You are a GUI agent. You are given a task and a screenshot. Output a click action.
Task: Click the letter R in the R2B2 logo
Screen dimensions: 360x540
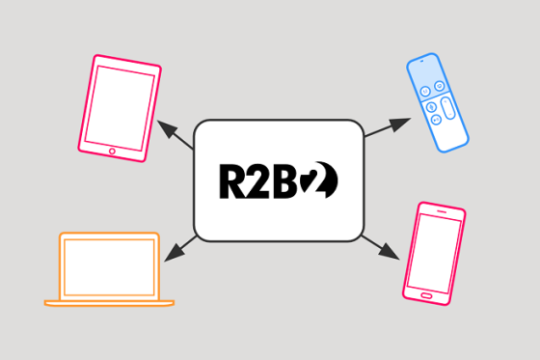230,180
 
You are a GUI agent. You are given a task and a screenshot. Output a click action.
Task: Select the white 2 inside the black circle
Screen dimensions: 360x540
323,180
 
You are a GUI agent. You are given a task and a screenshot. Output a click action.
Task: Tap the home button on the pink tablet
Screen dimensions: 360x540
112,151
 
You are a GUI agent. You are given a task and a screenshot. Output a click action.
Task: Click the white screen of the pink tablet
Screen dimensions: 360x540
121,105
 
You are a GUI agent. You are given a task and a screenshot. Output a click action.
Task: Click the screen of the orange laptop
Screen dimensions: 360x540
109,266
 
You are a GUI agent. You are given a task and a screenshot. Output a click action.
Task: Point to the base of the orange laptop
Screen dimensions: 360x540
109,303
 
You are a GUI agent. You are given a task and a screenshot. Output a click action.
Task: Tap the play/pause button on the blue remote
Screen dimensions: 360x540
435,120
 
